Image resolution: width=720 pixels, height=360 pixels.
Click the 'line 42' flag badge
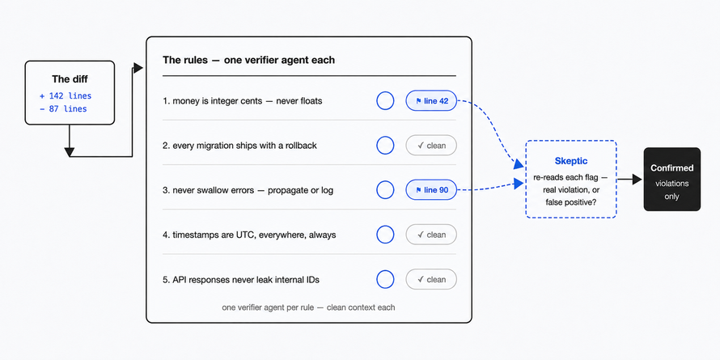tap(431, 100)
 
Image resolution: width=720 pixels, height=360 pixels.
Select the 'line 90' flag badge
tap(431, 189)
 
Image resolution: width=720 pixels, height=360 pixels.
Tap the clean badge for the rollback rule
tap(431, 146)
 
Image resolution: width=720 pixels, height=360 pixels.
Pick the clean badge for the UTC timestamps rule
tap(431, 235)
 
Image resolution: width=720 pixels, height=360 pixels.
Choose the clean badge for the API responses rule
tap(431, 279)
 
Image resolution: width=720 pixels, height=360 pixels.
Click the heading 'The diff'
tap(70, 79)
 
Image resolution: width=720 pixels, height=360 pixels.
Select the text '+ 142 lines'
tap(66, 96)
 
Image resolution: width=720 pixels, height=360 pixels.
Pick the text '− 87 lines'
tap(63, 109)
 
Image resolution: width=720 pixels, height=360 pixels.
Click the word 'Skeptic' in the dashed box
tap(571, 161)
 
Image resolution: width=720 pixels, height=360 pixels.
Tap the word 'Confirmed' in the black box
tap(671, 168)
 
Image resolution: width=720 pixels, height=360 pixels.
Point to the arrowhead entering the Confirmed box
tap(637, 180)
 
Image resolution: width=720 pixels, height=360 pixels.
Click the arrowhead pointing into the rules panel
tap(138, 69)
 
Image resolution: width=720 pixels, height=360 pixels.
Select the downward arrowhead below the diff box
tap(70, 152)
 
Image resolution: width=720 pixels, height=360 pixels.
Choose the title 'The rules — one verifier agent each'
tap(248, 60)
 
